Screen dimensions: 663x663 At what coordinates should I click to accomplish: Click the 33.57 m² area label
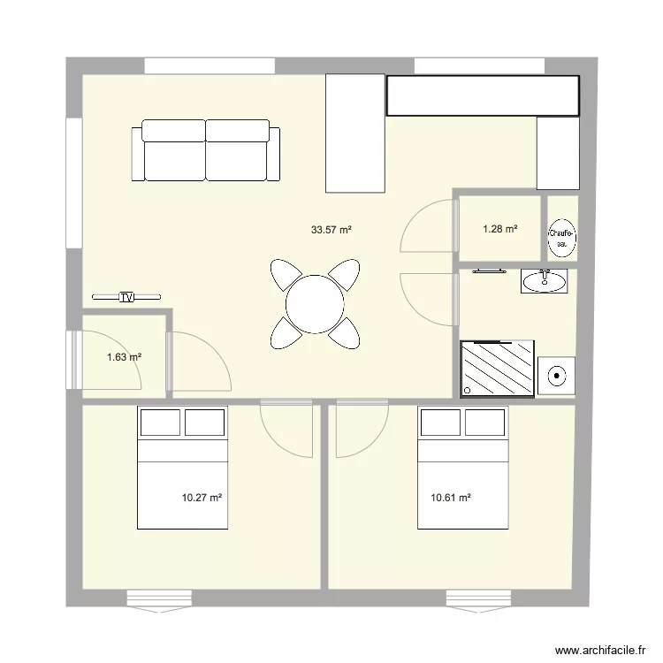[x=331, y=230]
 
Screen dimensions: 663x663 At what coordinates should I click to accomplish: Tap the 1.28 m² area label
[x=499, y=230]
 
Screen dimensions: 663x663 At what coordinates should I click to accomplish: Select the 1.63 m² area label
[x=124, y=357]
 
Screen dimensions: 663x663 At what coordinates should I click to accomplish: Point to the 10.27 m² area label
[x=202, y=498]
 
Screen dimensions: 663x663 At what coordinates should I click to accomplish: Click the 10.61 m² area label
[x=451, y=498]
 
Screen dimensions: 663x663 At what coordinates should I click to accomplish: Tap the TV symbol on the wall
[x=127, y=297]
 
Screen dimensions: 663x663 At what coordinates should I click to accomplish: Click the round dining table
[x=314, y=304]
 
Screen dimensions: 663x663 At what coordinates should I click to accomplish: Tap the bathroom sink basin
[x=544, y=281]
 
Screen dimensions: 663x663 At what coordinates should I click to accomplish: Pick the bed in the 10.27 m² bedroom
[x=182, y=469]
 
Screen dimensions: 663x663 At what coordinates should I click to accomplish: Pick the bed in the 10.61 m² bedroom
[x=462, y=469]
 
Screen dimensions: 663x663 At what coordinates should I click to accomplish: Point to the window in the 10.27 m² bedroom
[x=159, y=599]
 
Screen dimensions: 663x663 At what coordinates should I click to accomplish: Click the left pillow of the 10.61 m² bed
[x=440, y=423]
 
